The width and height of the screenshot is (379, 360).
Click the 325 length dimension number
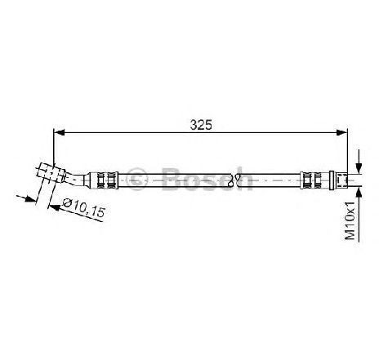pyautogui.click(x=201, y=125)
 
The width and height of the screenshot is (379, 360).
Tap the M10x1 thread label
pyautogui.click(x=350, y=220)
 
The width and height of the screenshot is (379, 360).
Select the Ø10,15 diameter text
pyautogui.click(x=83, y=207)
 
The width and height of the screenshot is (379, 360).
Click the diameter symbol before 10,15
pyautogui.click(x=67, y=202)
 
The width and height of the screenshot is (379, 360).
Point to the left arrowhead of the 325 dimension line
pyautogui.click(x=59, y=132)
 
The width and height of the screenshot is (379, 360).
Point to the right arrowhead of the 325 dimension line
pyautogui.click(x=342, y=132)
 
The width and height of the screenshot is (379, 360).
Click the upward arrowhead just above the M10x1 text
pyautogui.click(x=359, y=192)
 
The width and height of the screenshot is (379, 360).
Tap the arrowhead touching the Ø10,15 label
pyautogui.click(x=55, y=207)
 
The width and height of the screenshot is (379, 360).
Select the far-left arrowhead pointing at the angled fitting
pyautogui.click(x=30, y=199)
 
